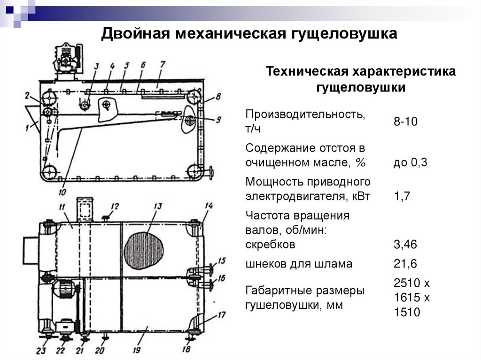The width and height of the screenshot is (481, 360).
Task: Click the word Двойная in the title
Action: [x=135, y=33]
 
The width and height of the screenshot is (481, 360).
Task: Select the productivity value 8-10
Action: [x=405, y=122]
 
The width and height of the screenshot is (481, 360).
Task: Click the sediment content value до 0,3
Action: [x=411, y=162]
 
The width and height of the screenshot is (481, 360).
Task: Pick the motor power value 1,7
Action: [x=402, y=196]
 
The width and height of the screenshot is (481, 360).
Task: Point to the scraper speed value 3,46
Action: [x=405, y=245]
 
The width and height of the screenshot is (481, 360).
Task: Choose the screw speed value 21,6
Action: [x=405, y=263]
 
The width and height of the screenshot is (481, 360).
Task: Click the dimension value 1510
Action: [x=407, y=312]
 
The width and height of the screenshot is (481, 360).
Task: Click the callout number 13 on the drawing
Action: [x=158, y=206]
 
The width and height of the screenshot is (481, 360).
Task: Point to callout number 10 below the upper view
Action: [x=62, y=192]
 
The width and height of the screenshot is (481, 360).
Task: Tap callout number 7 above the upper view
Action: [x=162, y=64]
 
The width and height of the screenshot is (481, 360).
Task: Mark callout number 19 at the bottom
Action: [x=137, y=350]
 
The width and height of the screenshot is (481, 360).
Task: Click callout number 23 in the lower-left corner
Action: [x=41, y=350]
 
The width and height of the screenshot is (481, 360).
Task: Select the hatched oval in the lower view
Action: [x=144, y=250]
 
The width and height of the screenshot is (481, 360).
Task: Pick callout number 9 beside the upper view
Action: [x=218, y=119]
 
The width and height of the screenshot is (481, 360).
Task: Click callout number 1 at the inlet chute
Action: [x=28, y=127]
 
